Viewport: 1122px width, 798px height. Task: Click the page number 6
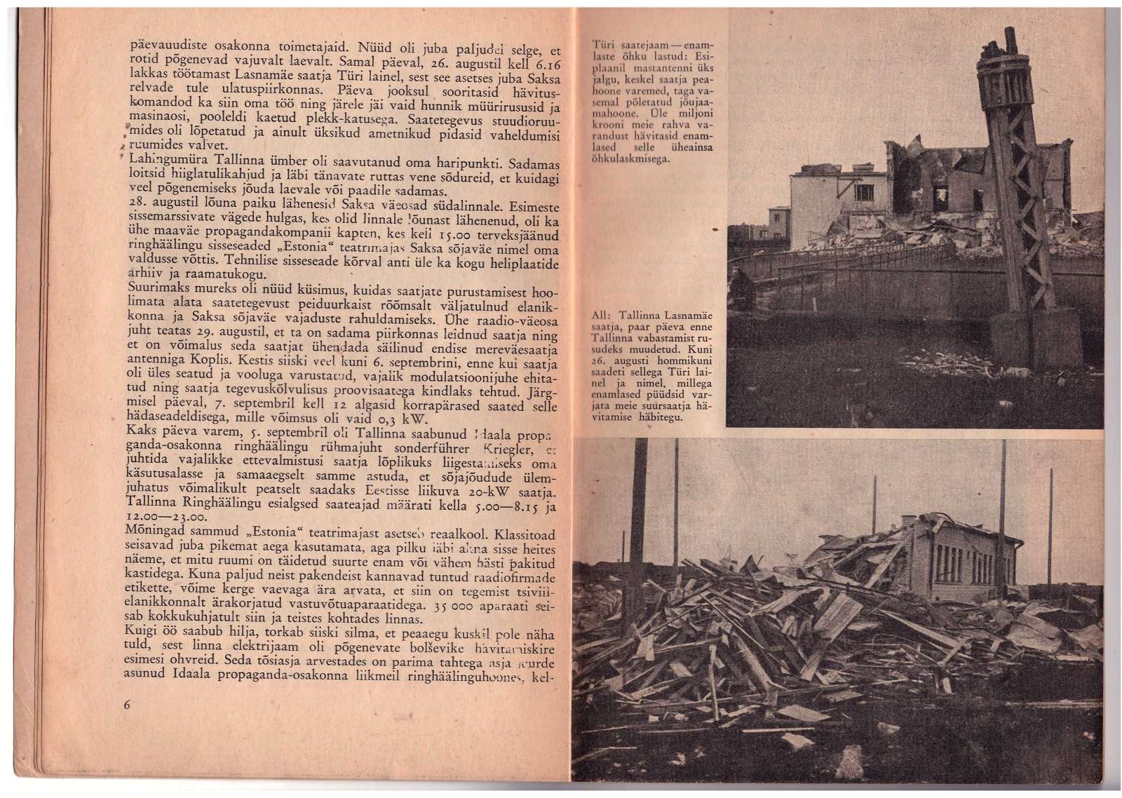coord(127,705)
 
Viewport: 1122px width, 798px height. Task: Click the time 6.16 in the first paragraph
coord(547,62)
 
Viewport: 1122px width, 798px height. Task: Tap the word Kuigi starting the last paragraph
coord(142,631)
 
